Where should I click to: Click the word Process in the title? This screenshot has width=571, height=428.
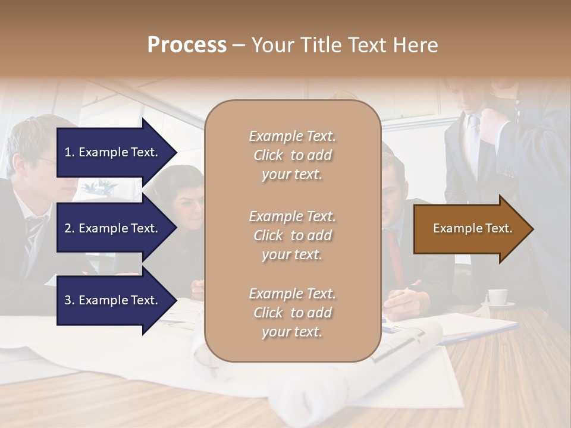(x=187, y=45)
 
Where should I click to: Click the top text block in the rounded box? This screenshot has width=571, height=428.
(x=292, y=155)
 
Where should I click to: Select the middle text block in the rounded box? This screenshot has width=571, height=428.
(x=292, y=235)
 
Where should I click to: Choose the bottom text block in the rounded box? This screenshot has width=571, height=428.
(x=292, y=313)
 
